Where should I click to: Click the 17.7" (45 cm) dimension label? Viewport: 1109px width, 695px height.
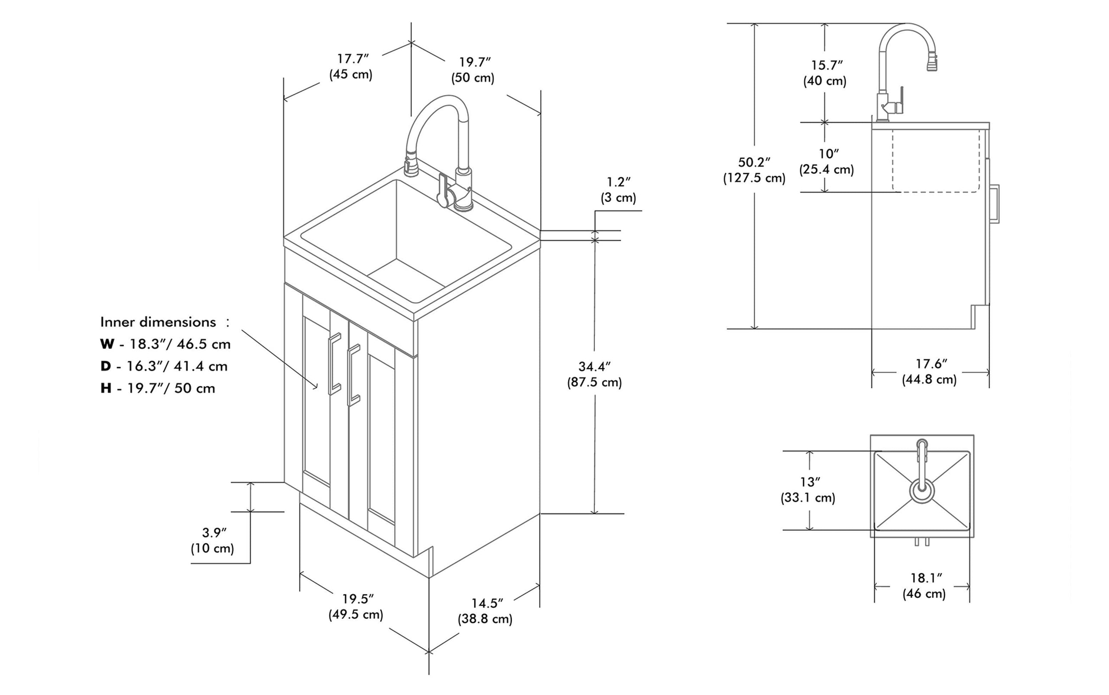click(x=351, y=67)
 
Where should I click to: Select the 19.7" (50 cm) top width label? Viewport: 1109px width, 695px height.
click(x=473, y=70)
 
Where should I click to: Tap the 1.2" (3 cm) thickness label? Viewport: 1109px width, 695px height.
click(x=619, y=190)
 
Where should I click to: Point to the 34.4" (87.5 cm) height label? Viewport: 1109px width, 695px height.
click(x=594, y=374)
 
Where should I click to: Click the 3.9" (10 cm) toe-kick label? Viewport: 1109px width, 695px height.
click(x=213, y=540)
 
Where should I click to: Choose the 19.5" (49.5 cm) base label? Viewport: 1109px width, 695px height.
click(x=356, y=607)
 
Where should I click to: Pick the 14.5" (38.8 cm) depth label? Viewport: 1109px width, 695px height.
click(x=485, y=611)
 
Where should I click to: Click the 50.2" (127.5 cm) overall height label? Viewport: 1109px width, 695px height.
click(x=754, y=170)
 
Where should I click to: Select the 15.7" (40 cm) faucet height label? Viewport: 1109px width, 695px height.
click(x=825, y=73)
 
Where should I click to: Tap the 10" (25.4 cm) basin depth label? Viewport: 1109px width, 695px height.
click(x=827, y=161)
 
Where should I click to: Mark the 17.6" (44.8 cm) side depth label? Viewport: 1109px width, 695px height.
click(x=930, y=372)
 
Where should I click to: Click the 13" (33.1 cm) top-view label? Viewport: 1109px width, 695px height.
click(x=808, y=489)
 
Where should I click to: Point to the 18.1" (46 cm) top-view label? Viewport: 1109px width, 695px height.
click(x=924, y=585)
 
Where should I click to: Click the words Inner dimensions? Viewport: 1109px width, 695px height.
click(x=158, y=322)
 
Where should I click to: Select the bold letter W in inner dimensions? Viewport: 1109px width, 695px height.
click(x=107, y=344)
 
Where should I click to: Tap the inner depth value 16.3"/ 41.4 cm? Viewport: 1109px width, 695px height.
click(x=177, y=366)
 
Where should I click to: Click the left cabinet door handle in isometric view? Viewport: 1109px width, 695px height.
click(x=334, y=364)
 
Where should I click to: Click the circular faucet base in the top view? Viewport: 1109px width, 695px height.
click(x=922, y=491)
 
